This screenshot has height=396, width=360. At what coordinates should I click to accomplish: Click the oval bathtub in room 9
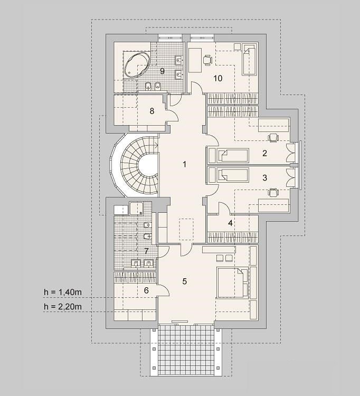(137, 65)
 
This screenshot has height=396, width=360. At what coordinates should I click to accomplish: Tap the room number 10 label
(218, 78)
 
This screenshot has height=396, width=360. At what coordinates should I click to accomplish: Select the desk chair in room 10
(207, 60)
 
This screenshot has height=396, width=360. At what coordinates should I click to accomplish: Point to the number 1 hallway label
(185, 164)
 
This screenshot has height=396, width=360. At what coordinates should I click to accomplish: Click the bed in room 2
(233, 156)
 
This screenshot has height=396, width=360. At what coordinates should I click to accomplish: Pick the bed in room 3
(233, 175)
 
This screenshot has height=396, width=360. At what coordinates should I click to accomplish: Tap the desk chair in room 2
(273, 138)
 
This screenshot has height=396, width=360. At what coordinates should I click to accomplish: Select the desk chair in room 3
(273, 192)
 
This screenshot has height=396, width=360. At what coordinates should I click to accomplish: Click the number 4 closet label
(230, 223)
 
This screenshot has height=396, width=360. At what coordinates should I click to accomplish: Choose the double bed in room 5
(233, 282)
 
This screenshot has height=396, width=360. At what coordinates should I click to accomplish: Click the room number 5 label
(185, 281)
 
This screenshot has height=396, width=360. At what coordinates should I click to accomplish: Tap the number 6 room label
(146, 290)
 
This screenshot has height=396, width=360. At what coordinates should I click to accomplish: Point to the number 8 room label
(152, 111)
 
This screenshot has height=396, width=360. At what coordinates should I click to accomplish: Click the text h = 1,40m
(63, 292)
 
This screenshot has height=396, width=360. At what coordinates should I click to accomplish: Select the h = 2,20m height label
(63, 307)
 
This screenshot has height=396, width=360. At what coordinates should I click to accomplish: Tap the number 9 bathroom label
(163, 71)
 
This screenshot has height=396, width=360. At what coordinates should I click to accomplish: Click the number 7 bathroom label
(146, 251)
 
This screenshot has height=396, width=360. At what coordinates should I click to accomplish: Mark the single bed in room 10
(250, 59)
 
